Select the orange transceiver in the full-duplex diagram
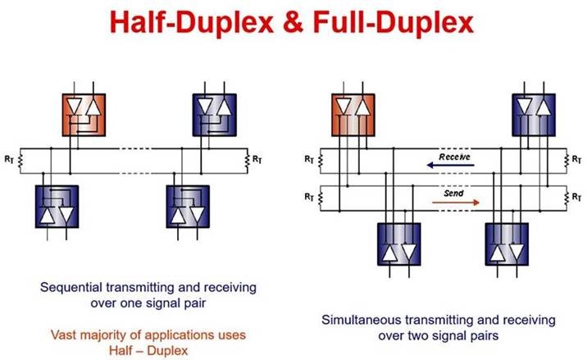[x=352, y=113]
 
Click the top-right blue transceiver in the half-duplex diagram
[x=212, y=113]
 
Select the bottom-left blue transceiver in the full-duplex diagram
[x=399, y=244]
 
